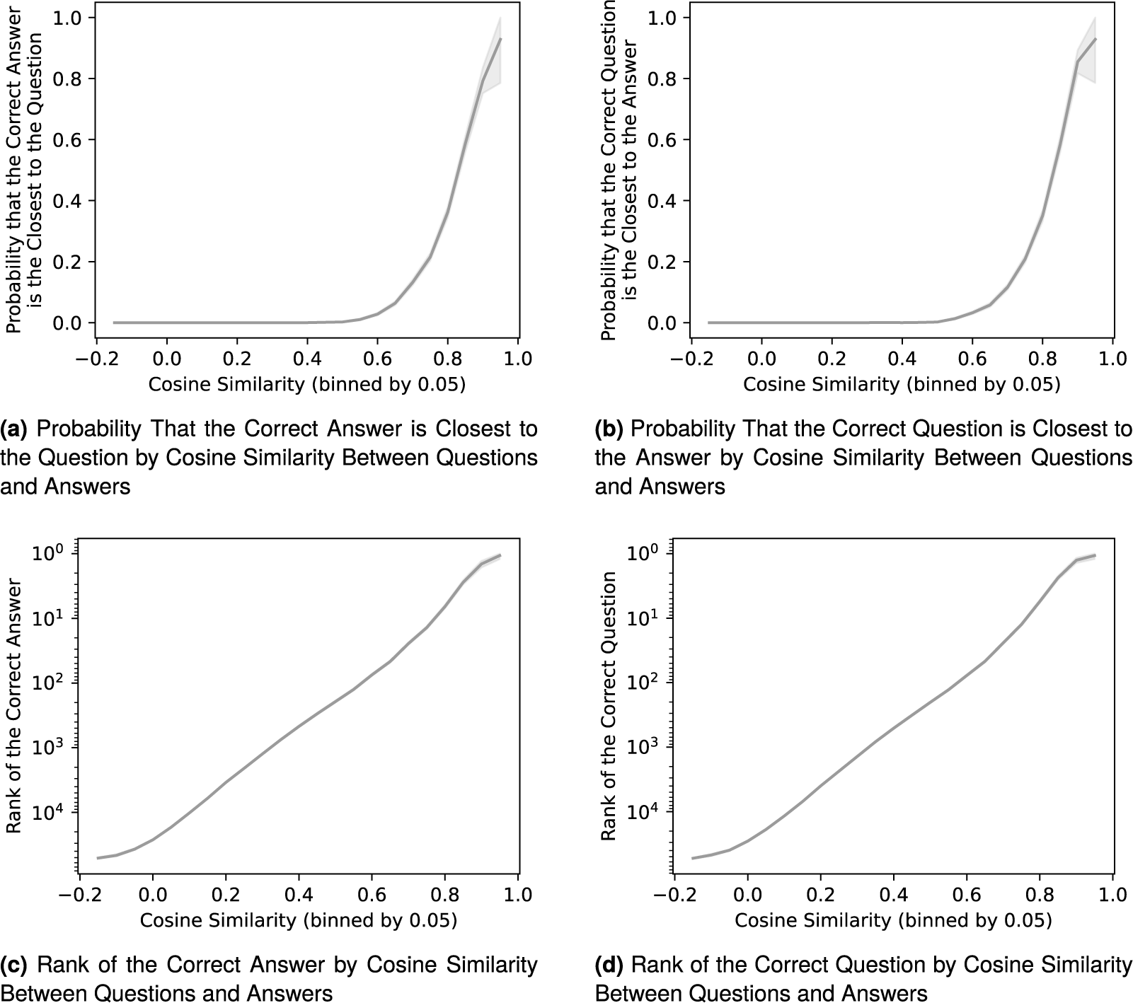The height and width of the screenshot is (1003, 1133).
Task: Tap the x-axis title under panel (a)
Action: (306, 384)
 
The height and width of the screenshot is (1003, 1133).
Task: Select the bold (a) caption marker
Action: (14, 429)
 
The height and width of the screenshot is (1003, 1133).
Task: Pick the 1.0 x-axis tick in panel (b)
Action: (1112, 358)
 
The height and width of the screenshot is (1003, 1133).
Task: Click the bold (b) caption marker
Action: (609, 429)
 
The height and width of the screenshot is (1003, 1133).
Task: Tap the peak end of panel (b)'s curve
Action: (1095, 39)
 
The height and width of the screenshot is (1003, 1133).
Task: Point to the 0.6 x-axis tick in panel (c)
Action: (372, 893)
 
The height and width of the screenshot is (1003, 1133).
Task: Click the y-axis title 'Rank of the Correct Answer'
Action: (14, 708)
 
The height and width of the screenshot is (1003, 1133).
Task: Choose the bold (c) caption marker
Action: (14, 965)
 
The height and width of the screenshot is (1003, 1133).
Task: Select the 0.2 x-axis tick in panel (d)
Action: (821, 893)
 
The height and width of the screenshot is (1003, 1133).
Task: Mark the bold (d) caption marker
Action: (609, 965)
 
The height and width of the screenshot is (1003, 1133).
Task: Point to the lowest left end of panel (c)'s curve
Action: (98, 858)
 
